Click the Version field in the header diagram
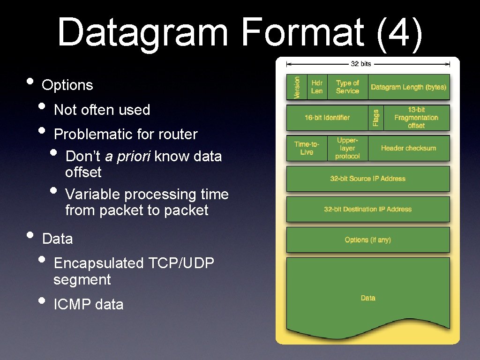(297, 87)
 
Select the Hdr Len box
(317, 87)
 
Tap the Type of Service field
(347, 87)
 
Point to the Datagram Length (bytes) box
(408, 87)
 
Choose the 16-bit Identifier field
(327, 118)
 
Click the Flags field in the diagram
(376, 118)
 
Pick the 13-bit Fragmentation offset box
(416, 118)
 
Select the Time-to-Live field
(307, 148)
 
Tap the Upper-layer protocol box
(347, 148)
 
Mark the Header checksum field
(408, 148)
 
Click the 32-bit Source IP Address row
(368, 179)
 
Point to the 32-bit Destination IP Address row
(368, 209)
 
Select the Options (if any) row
(368, 240)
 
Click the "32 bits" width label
(361, 63)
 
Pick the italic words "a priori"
(127, 156)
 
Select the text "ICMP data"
(89, 305)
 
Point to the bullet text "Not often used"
(102, 110)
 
